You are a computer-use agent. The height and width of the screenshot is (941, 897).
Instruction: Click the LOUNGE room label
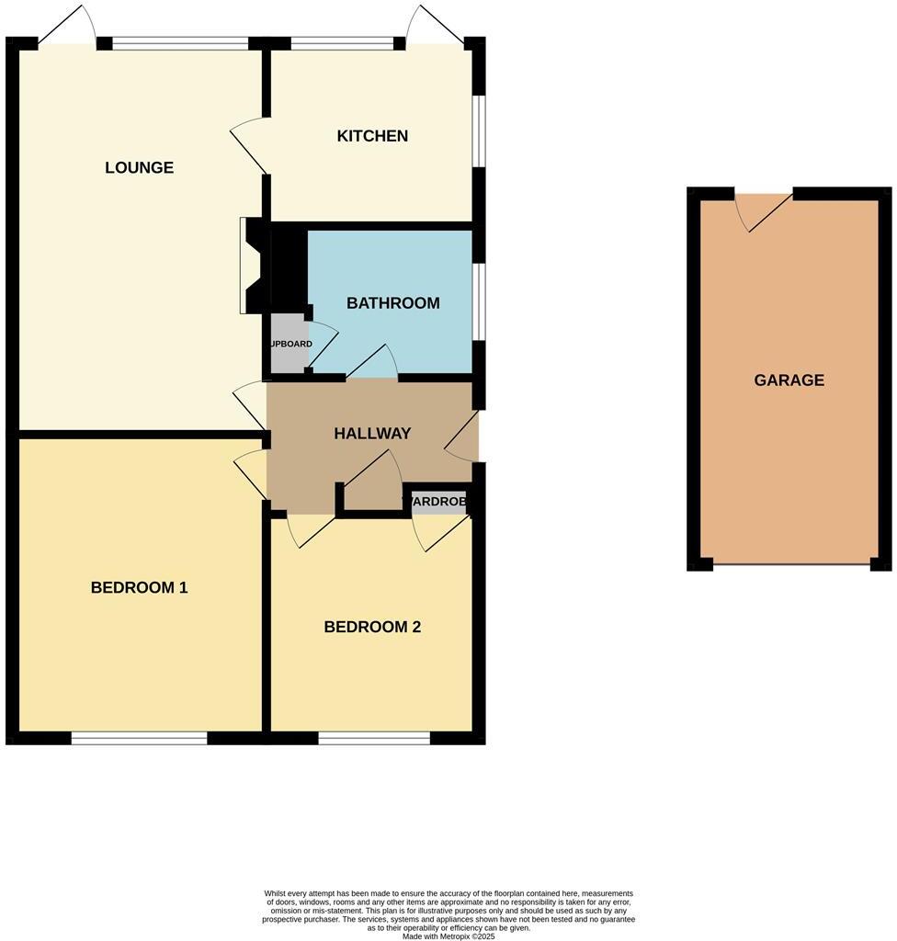click(139, 167)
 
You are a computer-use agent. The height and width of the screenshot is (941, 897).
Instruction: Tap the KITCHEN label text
click(372, 136)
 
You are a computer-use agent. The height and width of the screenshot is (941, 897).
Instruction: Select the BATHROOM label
click(392, 302)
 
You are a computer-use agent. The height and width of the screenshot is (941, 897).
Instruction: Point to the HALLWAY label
click(371, 433)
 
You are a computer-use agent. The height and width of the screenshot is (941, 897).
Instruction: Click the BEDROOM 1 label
click(139, 587)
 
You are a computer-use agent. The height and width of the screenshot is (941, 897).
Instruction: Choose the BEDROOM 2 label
click(372, 627)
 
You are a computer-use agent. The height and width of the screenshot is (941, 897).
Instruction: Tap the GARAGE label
click(789, 380)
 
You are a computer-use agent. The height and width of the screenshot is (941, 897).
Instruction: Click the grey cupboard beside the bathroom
click(289, 345)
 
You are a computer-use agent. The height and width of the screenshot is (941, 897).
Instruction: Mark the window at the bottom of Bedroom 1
click(140, 737)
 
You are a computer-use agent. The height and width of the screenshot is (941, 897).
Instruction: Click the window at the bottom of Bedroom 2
click(374, 737)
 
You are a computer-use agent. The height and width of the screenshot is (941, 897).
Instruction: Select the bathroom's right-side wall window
click(479, 301)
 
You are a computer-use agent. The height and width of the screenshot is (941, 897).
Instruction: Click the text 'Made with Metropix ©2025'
click(448, 936)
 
